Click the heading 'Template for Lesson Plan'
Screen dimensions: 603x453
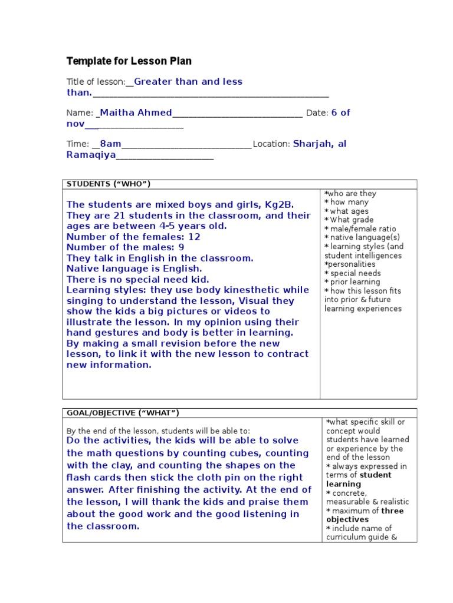pos(129,61)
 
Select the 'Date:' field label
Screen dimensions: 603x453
pos(317,113)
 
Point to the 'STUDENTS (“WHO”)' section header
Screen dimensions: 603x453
pos(109,184)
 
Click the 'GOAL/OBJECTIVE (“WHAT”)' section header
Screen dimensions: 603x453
pos(123,413)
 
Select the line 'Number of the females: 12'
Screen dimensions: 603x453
pos(133,237)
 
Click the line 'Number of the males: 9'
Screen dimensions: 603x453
pos(126,247)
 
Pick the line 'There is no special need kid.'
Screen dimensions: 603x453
pos(138,279)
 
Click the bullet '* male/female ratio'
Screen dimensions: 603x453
pos(360,229)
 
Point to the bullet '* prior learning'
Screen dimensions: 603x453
pos(352,282)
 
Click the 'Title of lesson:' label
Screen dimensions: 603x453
pos(96,82)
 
